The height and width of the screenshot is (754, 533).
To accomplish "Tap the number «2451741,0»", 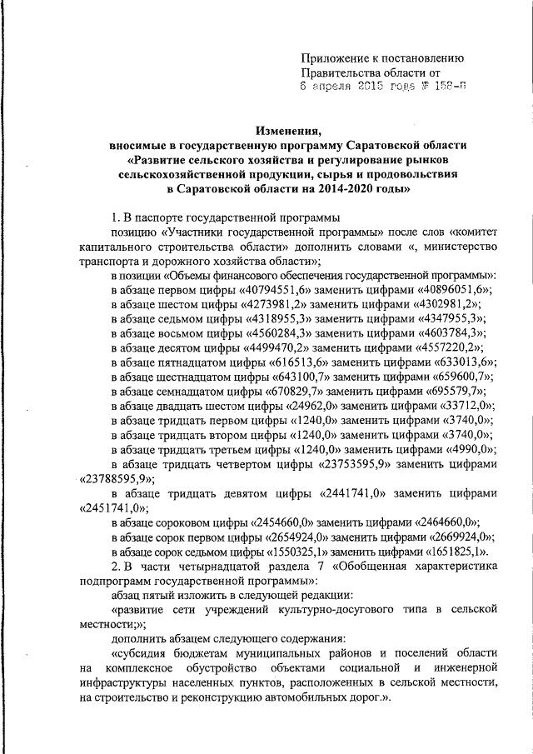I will (x=110, y=507).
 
